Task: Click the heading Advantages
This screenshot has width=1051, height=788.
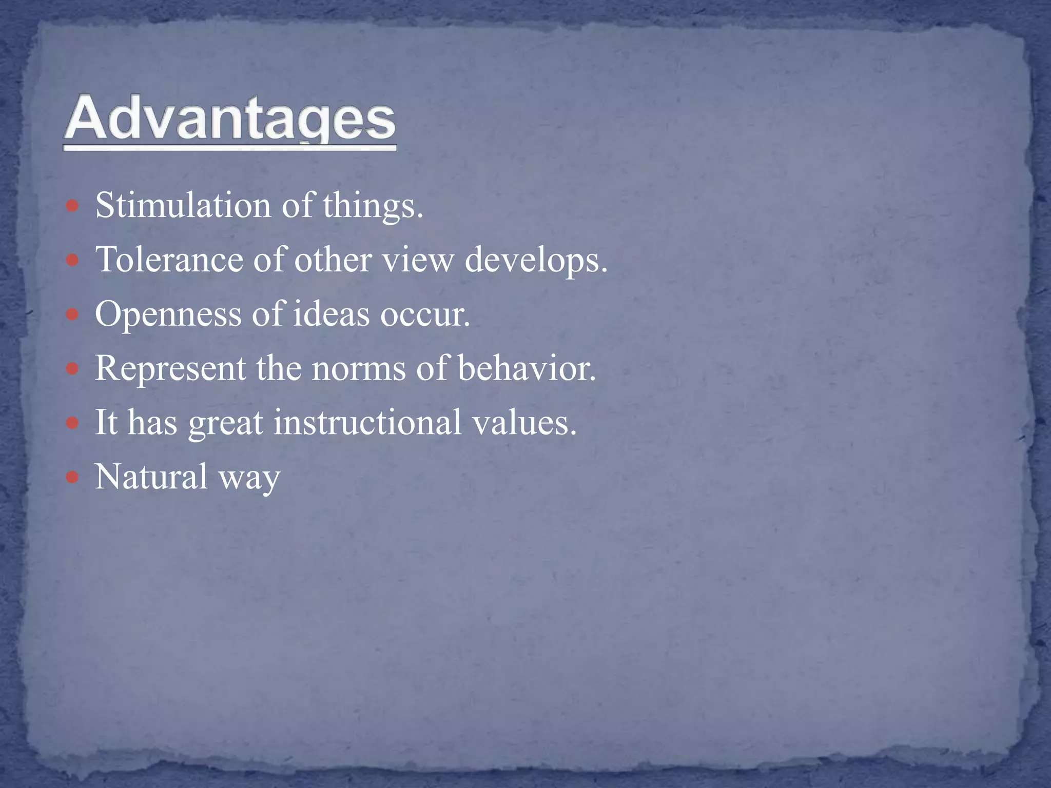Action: [229, 119]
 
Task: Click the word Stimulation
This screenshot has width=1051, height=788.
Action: [183, 205]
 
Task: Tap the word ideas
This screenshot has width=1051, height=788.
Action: [331, 314]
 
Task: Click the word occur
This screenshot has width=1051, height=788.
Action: [424, 314]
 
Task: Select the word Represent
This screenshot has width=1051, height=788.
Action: [170, 369]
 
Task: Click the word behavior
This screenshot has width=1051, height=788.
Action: [526, 368]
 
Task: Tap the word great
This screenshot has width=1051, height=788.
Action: [226, 423]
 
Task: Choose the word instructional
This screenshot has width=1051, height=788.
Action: [367, 422]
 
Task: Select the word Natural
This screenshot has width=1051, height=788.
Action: [151, 477]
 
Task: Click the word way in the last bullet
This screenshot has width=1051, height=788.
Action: [249, 478]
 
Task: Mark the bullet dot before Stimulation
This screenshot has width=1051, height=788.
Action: [72, 206]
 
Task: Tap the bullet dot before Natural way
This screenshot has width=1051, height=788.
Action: [72, 478]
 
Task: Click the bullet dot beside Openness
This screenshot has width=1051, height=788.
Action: [72, 314]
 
